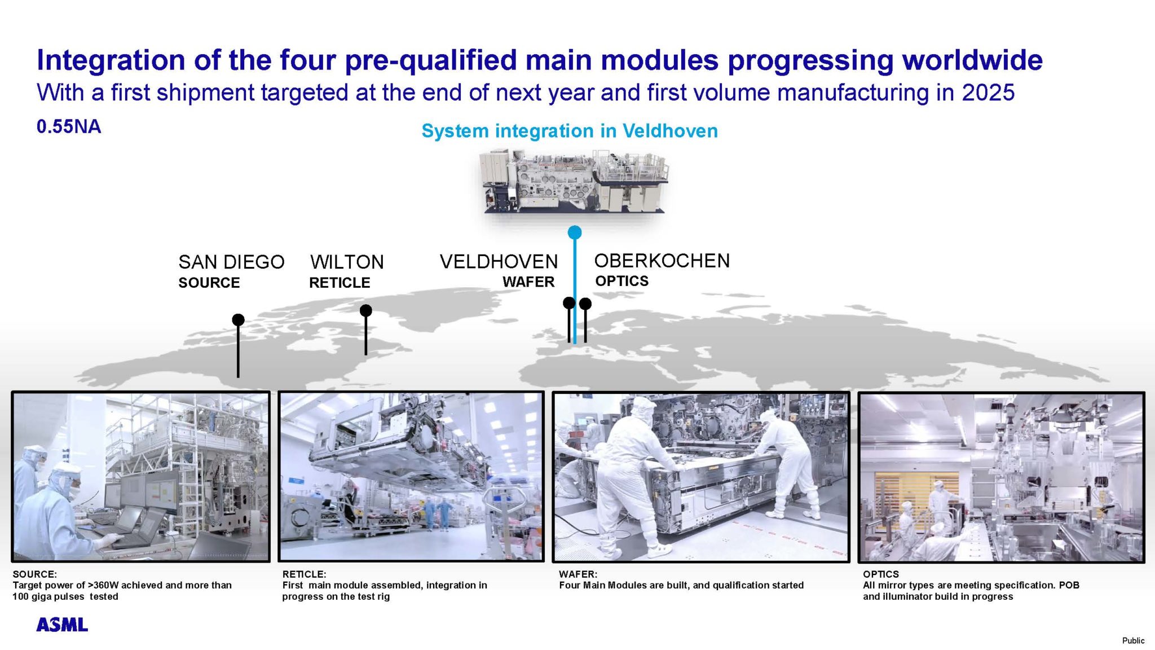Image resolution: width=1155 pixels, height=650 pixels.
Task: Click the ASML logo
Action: click(62, 625)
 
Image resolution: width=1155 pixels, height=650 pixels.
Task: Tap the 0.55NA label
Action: click(69, 126)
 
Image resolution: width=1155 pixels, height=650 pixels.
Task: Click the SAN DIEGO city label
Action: click(231, 262)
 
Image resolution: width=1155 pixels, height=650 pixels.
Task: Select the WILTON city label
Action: click(347, 262)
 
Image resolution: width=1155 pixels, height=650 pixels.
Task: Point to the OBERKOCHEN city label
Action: click(662, 261)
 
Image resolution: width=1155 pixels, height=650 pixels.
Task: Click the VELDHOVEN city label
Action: click(499, 261)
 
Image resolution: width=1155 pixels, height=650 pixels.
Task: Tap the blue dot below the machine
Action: click(575, 232)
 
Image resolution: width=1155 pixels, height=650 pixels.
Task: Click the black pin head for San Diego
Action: click(238, 320)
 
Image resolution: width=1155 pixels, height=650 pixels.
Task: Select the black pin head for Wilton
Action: click(365, 310)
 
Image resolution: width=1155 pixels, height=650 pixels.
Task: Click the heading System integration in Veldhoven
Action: click(570, 131)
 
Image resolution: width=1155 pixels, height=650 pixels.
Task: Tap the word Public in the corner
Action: click(1133, 640)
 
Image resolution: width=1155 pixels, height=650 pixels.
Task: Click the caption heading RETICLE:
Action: click(304, 574)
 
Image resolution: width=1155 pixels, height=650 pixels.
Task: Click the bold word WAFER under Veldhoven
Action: click(528, 282)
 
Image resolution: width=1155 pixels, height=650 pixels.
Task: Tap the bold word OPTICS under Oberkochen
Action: click(621, 281)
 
